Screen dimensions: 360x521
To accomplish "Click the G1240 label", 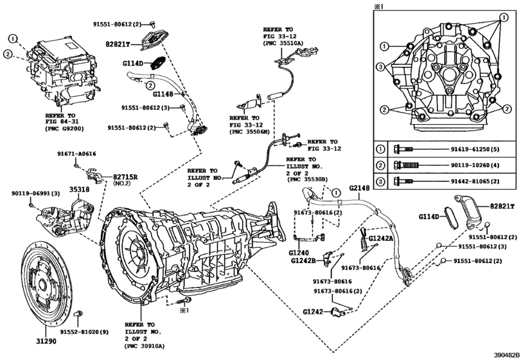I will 301,253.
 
